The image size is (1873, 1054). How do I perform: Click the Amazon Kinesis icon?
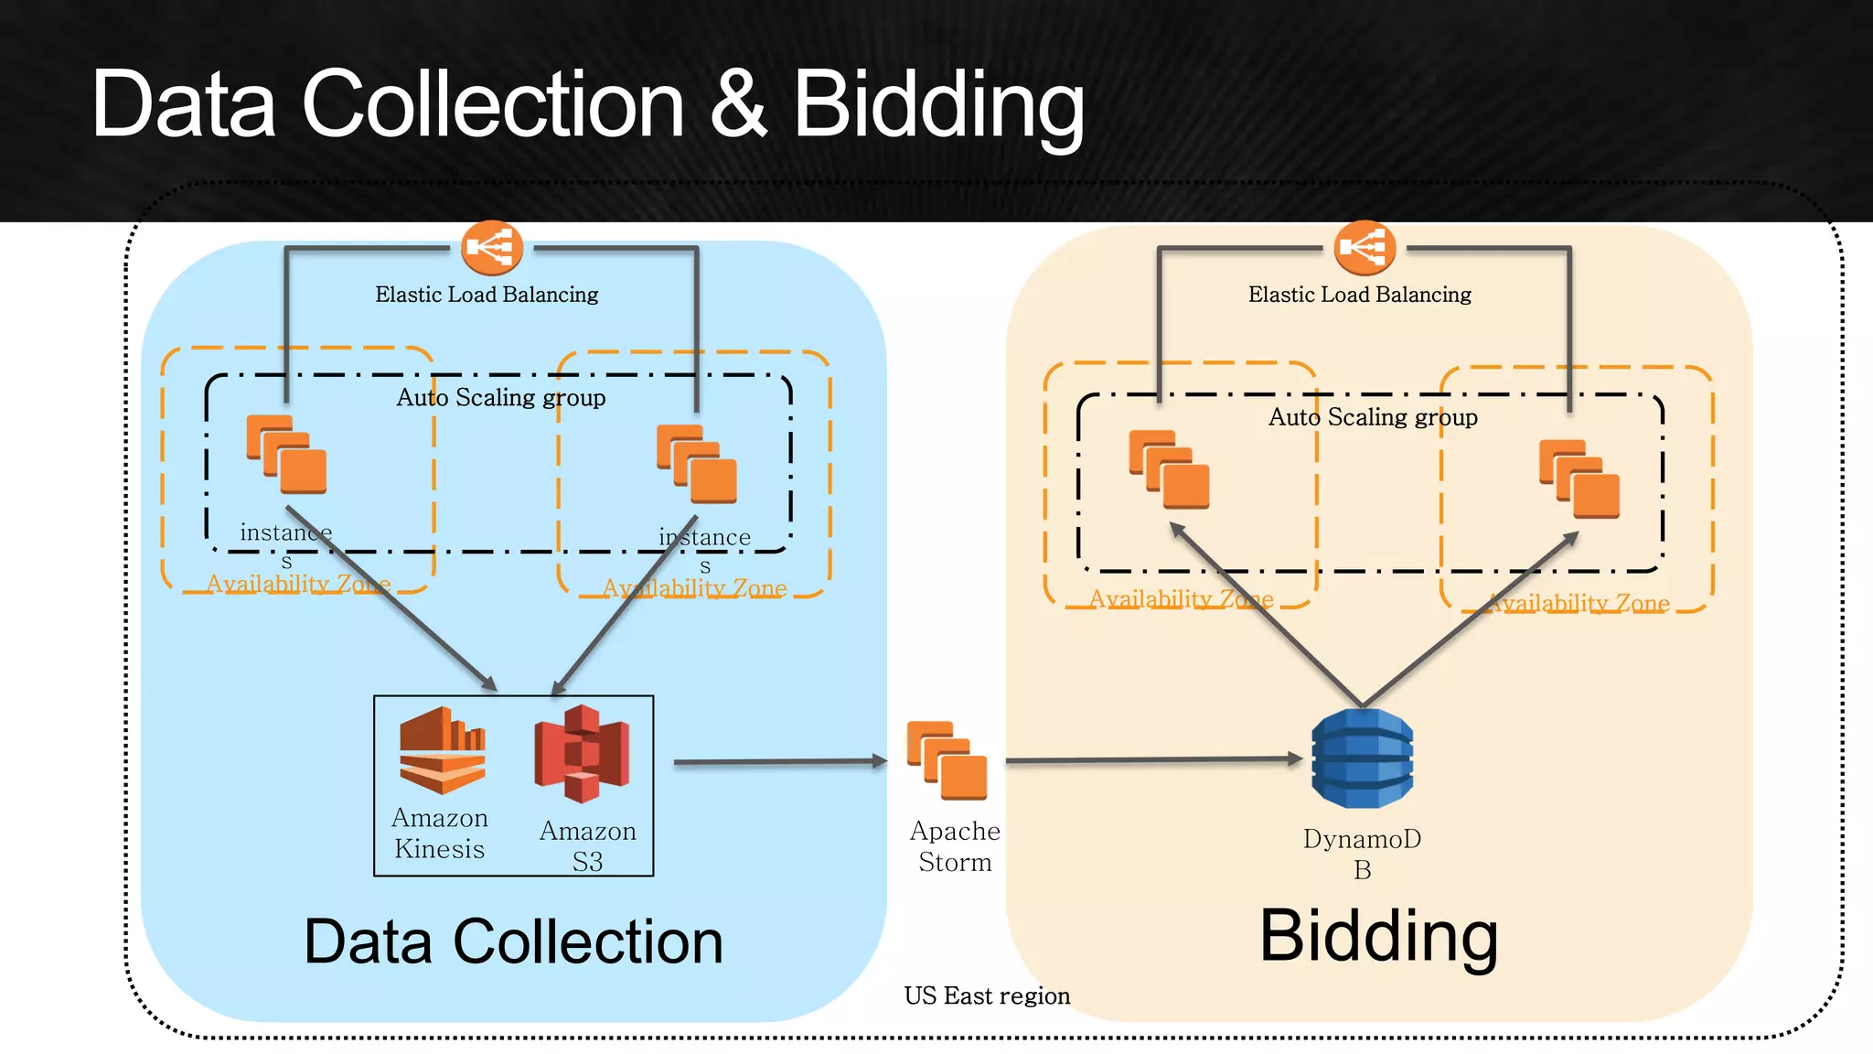point(442,749)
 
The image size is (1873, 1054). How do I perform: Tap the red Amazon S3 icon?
point(583,753)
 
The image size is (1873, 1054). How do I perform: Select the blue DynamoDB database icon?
point(1362,758)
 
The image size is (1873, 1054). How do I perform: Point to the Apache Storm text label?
point(955,846)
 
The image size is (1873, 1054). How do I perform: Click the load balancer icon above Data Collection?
point(492,247)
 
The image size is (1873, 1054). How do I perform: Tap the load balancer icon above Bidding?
point(1365,247)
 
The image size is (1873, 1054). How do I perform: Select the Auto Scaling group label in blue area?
point(500,397)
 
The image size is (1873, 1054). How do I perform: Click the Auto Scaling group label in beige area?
point(1373,417)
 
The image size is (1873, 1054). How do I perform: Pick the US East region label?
point(987,995)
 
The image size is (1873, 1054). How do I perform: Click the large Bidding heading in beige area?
point(1378,937)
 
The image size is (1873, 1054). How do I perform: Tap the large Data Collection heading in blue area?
point(513,941)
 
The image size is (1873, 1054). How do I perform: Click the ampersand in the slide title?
point(737,103)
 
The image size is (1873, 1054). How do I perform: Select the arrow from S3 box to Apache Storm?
point(777,761)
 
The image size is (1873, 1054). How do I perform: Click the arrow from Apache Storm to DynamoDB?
point(1152,759)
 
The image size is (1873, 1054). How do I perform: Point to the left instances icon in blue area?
point(286,455)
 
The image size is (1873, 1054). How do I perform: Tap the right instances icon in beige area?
point(1579,479)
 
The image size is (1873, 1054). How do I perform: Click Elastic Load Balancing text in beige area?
point(1359,295)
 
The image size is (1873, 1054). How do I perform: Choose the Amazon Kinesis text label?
point(439,834)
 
